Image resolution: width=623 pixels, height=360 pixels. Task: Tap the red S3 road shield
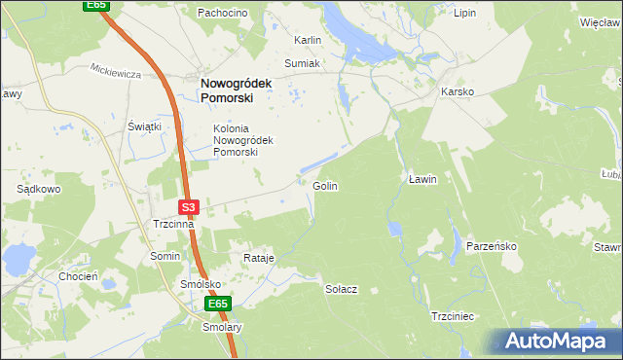tap(189, 206)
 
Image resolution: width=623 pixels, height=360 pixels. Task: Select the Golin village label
tap(325, 185)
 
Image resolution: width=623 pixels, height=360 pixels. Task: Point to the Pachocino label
tap(223, 13)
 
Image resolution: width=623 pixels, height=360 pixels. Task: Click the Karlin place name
tap(308, 41)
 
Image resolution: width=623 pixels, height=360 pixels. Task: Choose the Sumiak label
tap(302, 62)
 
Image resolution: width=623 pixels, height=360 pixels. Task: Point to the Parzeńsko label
tap(491, 246)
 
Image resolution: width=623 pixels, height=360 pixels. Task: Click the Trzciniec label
tap(452, 316)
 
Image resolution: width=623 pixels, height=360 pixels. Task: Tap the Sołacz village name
tap(342, 289)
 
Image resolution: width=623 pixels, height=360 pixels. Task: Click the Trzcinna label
tap(173, 224)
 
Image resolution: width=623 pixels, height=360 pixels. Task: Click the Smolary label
tap(221, 328)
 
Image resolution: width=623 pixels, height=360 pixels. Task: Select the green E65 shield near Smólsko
tap(218, 305)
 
